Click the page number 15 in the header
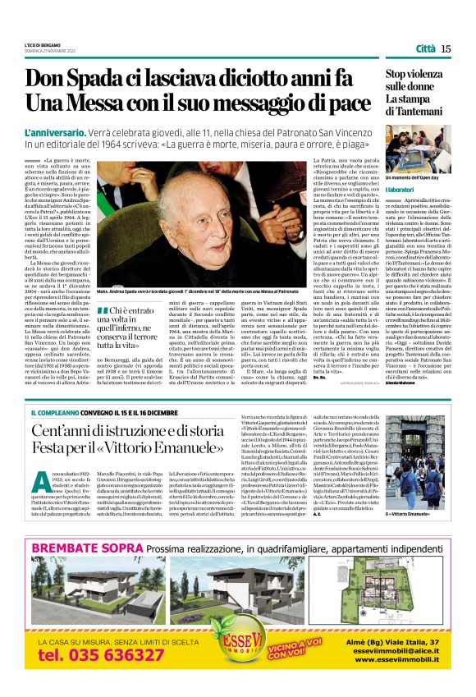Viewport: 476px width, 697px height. (446, 48)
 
